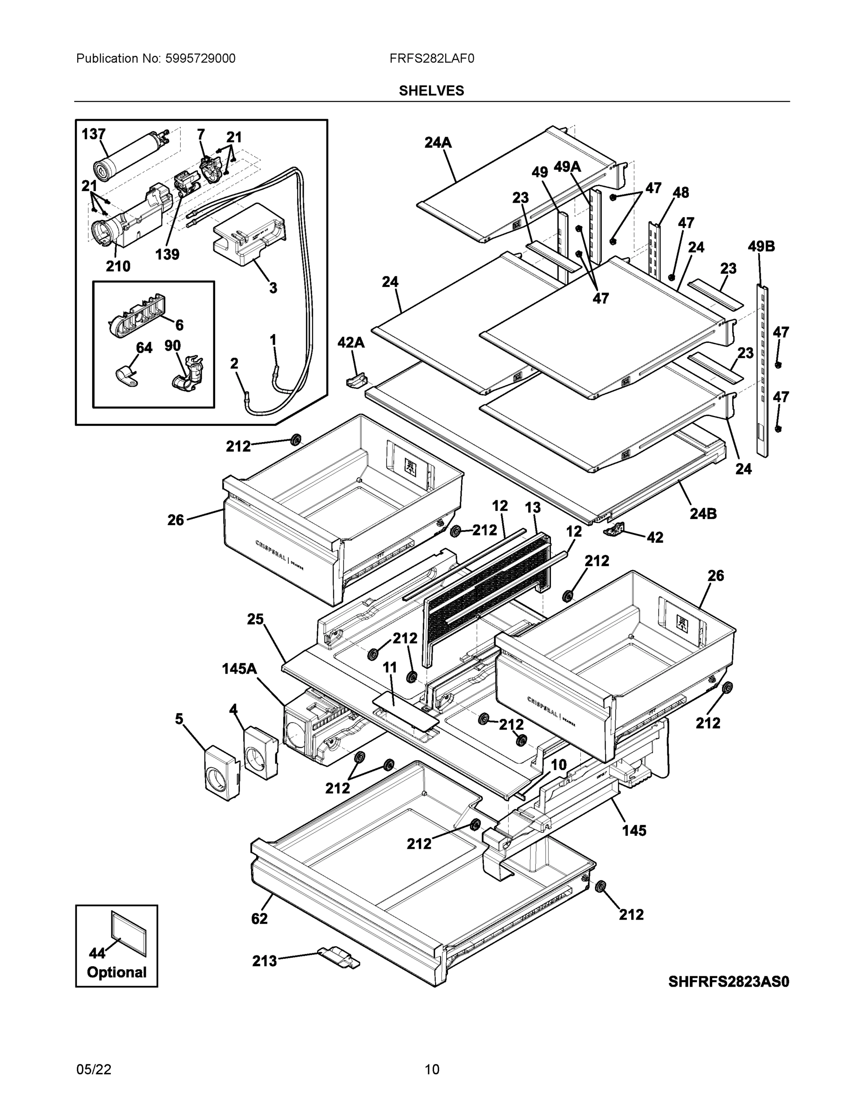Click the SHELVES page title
(431, 91)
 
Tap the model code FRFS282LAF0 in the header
(431, 59)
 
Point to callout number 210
(118, 266)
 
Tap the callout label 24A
(438, 143)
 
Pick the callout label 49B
(761, 247)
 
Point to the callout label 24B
(703, 513)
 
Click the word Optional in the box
(117, 972)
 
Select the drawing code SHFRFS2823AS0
(728, 982)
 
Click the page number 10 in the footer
(431, 1070)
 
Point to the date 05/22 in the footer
(94, 1070)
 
